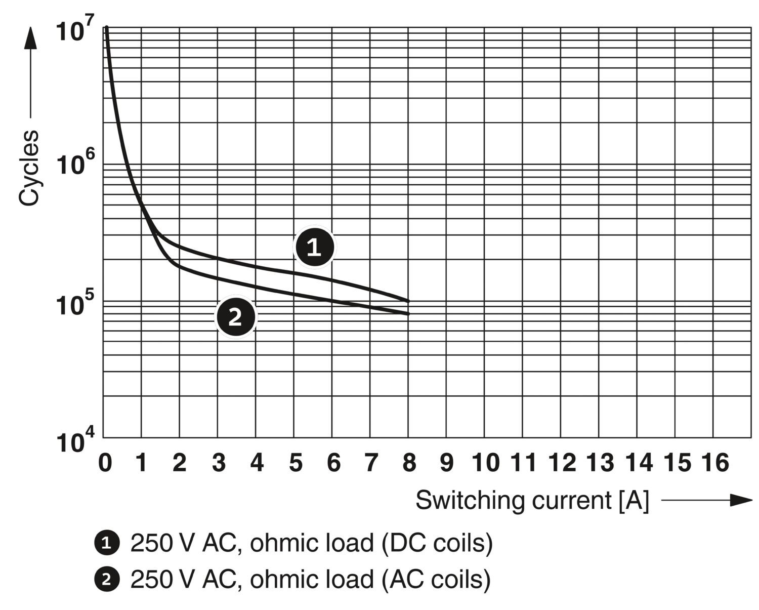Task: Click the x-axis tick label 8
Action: coord(409,462)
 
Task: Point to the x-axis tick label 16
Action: coord(715,462)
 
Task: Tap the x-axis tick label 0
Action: coord(105,462)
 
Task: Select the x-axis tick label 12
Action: coord(562,462)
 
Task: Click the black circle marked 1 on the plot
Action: coord(314,247)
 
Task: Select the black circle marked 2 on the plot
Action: coord(236,317)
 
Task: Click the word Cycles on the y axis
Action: coord(29,168)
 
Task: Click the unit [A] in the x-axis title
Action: coord(633,500)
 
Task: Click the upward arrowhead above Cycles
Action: coord(30,38)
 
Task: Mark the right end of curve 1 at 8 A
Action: coord(408,301)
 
